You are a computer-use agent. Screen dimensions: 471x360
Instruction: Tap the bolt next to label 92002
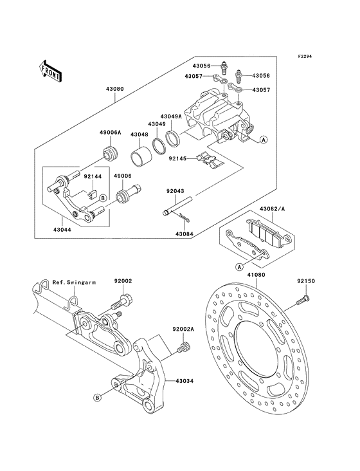(122, 300)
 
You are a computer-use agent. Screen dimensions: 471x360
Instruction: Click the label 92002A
(183, 328)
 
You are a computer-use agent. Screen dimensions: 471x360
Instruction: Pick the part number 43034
(183, 380)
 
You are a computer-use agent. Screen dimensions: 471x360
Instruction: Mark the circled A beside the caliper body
(263, 140)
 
